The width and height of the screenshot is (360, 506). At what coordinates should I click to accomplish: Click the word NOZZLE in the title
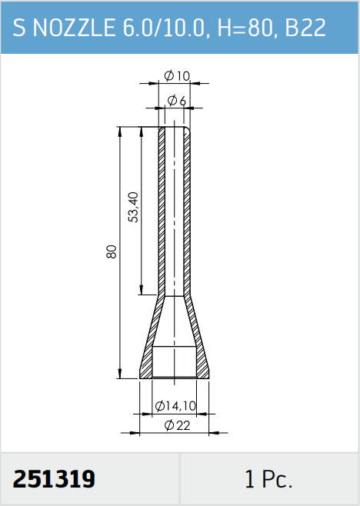point(74,28)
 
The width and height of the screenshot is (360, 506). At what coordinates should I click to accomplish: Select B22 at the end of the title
point(305,28)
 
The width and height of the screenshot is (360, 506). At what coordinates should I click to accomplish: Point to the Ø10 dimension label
point(177,76)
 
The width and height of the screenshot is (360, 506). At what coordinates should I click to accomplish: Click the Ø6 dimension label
point(177,101)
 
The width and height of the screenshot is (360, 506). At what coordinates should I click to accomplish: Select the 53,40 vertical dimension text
point(133,207)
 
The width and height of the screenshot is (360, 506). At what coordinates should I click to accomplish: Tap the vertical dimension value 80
point(111,251)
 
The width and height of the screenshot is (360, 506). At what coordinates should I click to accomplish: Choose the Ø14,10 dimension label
point(175,405)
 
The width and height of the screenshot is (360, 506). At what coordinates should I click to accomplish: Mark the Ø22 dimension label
point(177,425)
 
